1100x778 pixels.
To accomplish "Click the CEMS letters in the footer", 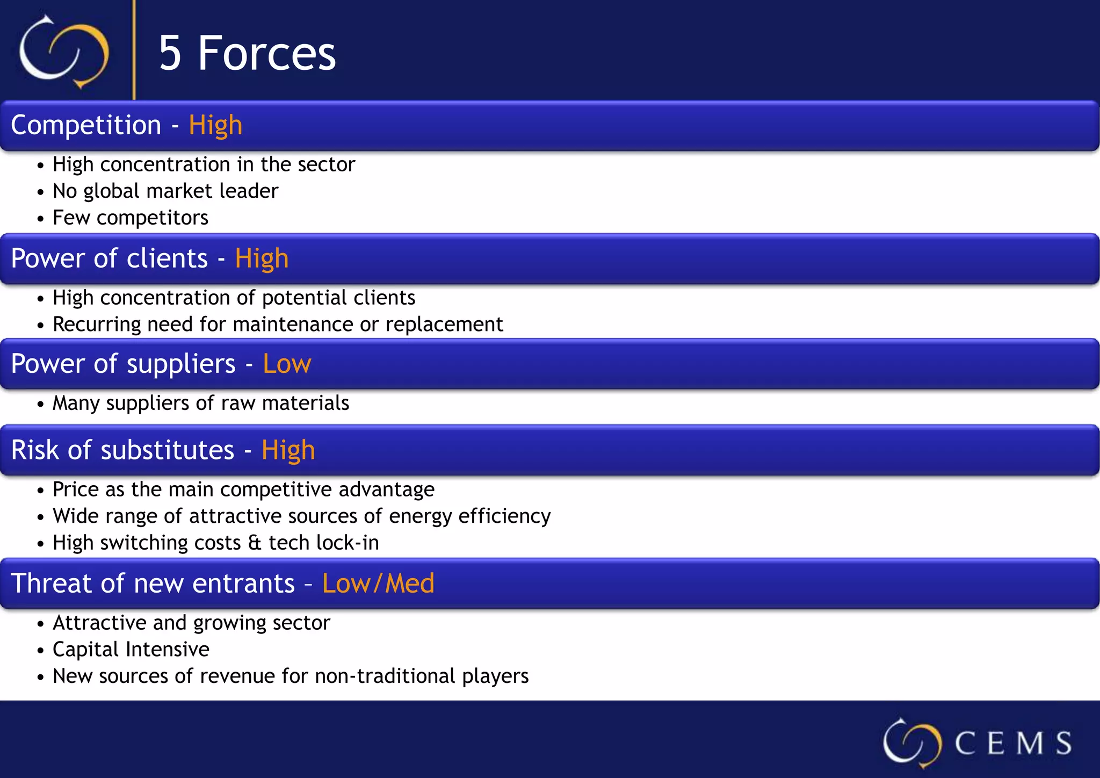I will [1013, 744].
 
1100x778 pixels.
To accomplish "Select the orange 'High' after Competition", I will [215, 125].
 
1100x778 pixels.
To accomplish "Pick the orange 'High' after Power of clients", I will [262, 258].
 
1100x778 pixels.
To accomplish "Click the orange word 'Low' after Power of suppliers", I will [287, 364].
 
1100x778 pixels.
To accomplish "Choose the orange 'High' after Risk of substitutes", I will [288, 450].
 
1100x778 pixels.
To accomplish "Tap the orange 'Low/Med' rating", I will [378, 583].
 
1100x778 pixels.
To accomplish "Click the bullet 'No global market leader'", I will [165, 191].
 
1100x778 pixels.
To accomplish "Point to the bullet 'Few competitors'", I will [131, 218].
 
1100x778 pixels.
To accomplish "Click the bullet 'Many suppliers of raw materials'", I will [201, 403].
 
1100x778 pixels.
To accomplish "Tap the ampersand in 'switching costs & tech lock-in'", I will [255, 543].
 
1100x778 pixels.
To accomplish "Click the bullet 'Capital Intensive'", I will [131, 650].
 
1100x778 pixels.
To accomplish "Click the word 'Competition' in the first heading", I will [86, 125].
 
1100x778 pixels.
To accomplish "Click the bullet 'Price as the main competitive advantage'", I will [243, 489].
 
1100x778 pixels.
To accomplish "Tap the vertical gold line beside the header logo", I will [134, 51].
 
